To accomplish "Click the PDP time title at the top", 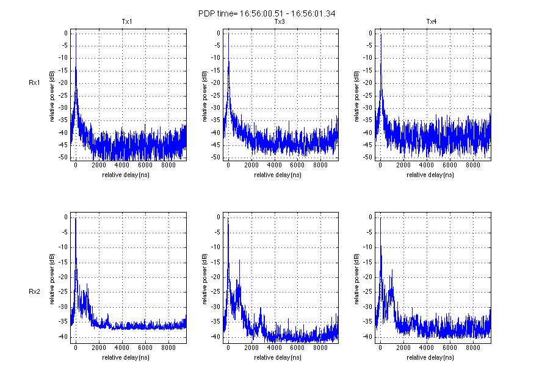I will click(271, 13).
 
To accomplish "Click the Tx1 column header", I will click(127, 22).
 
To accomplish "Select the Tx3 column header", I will click(280, 22).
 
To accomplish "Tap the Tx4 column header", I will click(432, 22).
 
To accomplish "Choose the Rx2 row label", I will click(34, 274).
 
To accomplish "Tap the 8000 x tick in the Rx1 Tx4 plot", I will click(472, 165).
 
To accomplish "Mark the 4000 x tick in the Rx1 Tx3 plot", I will click(273, 165).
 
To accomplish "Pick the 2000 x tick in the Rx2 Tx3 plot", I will click(251, 348).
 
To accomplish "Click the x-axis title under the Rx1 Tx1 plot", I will click(127, 175).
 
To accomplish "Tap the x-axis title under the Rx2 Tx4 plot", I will click(432, 357).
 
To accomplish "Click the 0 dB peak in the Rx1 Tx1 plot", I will click(76, 34).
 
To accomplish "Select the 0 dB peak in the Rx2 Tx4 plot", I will click(380, 218).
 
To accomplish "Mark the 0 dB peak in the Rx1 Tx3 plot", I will click(228, 34).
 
